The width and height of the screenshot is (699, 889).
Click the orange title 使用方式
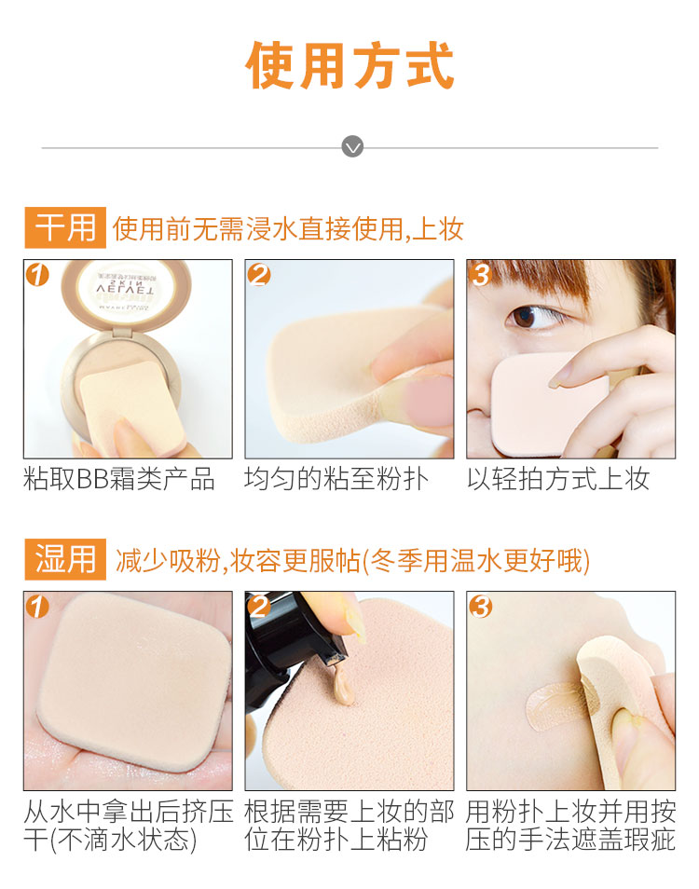[x=349, y=65]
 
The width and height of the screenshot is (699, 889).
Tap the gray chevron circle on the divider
[x=352, y=147]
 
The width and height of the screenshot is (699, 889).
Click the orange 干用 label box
[x=65, y=227]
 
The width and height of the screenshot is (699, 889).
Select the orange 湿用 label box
[x=65, y=559]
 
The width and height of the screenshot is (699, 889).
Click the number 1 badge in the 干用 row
[x=37, y=274]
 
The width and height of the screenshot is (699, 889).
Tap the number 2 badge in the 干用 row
[x=259, y=274]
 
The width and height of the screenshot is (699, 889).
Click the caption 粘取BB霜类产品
[x=119, y=479]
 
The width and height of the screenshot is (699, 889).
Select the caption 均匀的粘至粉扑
[x=336, y=479]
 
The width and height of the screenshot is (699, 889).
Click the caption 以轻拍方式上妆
[x=558, y=479]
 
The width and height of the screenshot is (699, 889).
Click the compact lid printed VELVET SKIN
[x=127, y=292]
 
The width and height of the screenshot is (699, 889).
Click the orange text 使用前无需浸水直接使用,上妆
[x=288, y=228]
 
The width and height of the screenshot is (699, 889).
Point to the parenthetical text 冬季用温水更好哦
[x=476, y=561]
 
